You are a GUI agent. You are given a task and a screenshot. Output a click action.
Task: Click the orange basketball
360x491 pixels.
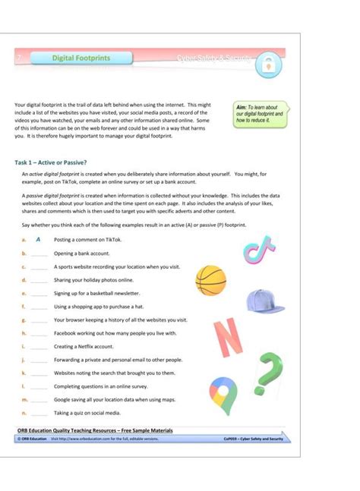tap(210, 280)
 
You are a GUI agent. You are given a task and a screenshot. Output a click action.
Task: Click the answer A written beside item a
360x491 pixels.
tap(38, 239)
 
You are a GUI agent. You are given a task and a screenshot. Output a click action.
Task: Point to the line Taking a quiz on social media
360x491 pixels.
tap(87, 413)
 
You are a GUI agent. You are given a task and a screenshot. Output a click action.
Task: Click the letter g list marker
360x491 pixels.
tap(24, 319)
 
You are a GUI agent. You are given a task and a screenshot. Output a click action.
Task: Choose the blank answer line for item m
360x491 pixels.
tap(39, 400)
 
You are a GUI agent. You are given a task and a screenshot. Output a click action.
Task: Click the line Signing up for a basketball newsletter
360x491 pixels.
tap(97, 293)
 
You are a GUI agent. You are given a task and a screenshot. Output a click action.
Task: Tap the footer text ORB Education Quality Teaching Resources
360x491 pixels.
tap(95, 430)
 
